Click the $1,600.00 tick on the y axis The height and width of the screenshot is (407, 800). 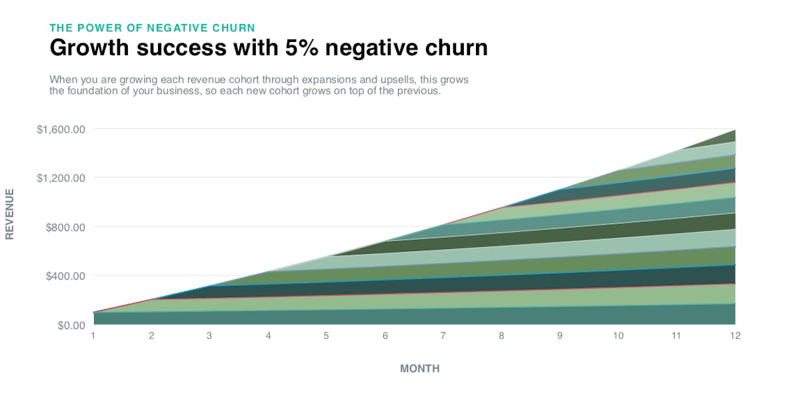(61, 129)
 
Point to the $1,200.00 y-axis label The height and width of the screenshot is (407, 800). (61, 178)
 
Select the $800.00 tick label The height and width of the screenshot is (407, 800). (65, 227)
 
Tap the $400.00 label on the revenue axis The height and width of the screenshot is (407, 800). (65, 276)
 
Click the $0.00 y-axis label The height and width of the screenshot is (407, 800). (69, 325)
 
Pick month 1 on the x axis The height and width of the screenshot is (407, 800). (93, 336)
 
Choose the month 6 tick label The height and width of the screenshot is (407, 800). (385, 336)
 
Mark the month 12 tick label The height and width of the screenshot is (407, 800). (735, 336)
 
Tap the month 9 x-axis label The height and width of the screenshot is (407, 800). (560, 336)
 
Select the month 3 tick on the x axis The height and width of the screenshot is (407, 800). (210, 336)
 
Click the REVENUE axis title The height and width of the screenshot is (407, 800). (9, 214)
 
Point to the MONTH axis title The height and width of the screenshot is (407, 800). (419, 368)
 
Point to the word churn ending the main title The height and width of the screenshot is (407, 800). (455, 48)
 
